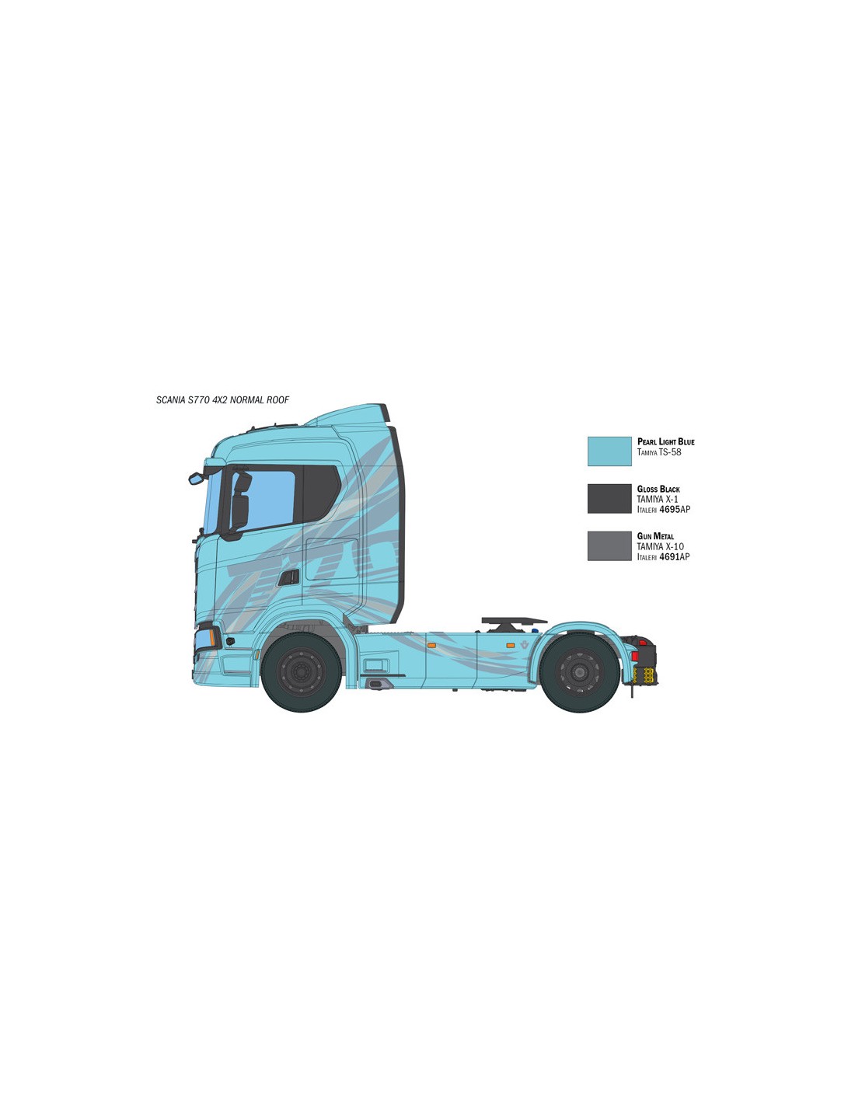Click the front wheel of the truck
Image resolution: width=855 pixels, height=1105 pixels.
pos(301,671)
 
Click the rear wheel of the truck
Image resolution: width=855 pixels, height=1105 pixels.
pos(579,671)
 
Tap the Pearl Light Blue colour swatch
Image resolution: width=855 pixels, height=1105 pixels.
pos(609,451)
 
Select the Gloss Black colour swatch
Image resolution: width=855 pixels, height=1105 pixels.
pos(609,498)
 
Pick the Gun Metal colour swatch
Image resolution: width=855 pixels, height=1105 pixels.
pos(609,546)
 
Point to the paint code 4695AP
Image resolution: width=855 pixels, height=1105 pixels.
pos(675,509)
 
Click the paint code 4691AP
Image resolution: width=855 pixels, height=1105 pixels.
pos(675,556)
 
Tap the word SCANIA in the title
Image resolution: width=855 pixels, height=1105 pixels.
pos(171,400)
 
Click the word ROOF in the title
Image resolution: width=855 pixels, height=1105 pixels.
pos(277,400)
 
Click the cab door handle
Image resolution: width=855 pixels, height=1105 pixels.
pos(288,577)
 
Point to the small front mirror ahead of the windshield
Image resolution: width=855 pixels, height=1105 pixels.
pos(195,478)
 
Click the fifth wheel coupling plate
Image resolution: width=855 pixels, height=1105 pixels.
pos(514,621)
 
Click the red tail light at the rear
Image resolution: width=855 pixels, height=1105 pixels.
pos(635,656)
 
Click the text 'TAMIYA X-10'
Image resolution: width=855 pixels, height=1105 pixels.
pos(660,546)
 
